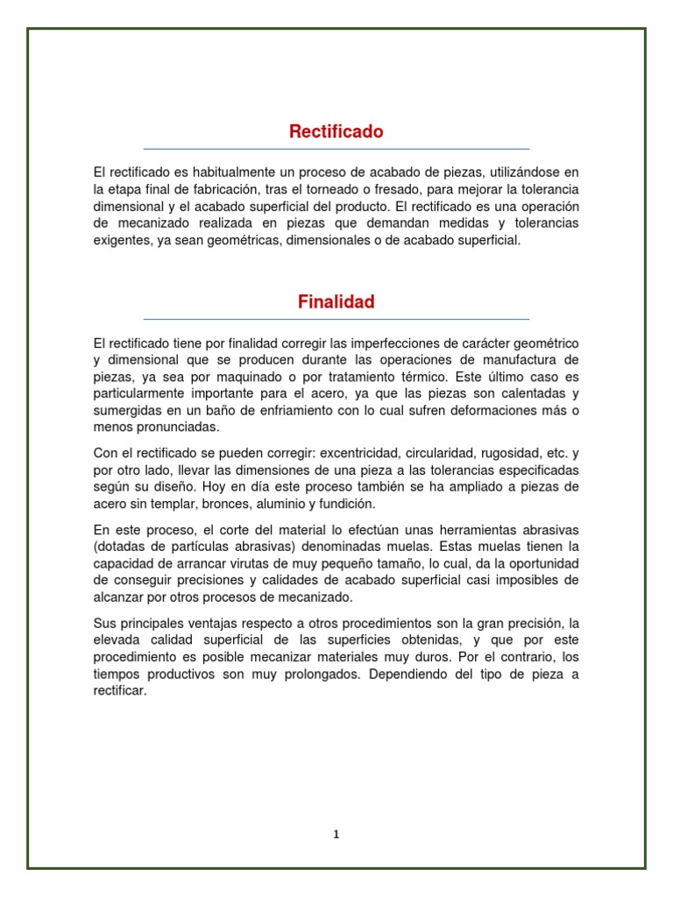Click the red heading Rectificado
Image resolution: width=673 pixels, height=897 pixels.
click(x=336, y=132)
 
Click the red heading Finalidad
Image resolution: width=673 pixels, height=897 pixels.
click(x=336, y=302)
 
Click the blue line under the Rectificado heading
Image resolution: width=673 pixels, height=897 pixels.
click(x=336, y=149)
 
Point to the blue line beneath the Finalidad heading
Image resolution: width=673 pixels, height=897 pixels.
click(x=336, y=319)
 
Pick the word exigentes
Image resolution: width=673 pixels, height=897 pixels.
click(x=121, y=239)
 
